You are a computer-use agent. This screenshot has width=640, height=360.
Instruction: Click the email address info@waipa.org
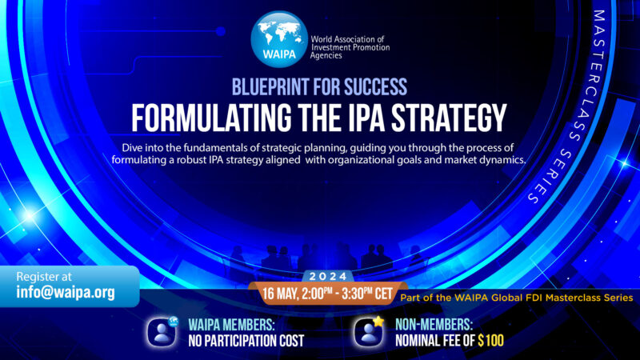(66, 292)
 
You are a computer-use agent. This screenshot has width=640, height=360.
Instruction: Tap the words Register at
(46, 275)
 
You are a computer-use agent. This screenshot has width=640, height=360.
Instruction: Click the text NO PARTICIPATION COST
(246, 340)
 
